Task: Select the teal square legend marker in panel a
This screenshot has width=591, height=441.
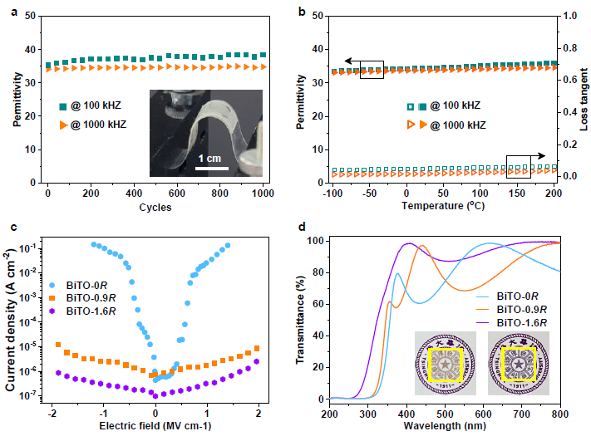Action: click(63, 106)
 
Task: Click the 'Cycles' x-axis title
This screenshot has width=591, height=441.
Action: click(155, 208)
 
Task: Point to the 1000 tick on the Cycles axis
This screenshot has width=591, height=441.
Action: click(263, 194)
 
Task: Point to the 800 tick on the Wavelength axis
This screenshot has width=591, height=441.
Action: click(560, 412)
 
